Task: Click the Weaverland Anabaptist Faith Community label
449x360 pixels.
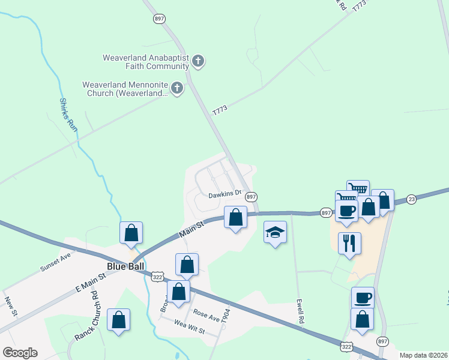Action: [x=146, y=62]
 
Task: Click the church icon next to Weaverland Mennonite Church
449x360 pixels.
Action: [x=176, y=89]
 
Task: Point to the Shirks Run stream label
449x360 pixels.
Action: [x=69, y=115]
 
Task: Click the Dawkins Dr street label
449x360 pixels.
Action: [x=224, y=194]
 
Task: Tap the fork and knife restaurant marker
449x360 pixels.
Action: [x=349, y=243]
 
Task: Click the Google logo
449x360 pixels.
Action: [x=20, y=352]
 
